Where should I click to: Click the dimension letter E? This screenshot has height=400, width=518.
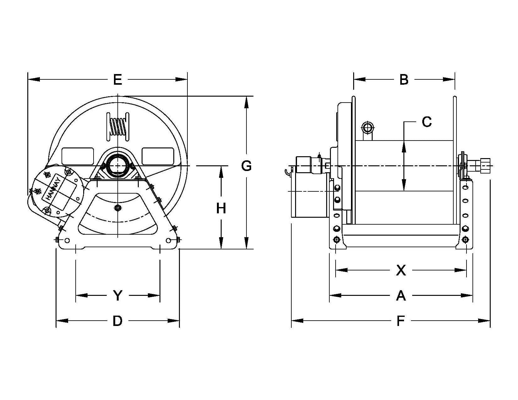117,80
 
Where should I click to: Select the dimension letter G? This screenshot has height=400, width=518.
246,166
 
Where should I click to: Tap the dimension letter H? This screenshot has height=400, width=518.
221,208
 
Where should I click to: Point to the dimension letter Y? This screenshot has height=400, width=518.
117,296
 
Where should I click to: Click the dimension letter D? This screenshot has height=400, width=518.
117,321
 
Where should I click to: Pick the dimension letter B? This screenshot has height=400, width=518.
404,80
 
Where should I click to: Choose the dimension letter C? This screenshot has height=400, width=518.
427,122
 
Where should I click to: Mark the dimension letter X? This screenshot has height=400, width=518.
401,270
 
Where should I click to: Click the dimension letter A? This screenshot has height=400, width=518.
401,296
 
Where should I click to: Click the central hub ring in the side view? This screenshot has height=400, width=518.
117,166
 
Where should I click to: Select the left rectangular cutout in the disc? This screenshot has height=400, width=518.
78,156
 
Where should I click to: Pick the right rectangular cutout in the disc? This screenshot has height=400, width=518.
158,156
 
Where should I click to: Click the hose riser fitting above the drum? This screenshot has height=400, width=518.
368,128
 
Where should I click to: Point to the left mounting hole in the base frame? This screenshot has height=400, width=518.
67,240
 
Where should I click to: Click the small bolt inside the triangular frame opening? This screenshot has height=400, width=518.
118,208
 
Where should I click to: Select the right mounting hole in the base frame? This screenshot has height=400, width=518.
169,240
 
